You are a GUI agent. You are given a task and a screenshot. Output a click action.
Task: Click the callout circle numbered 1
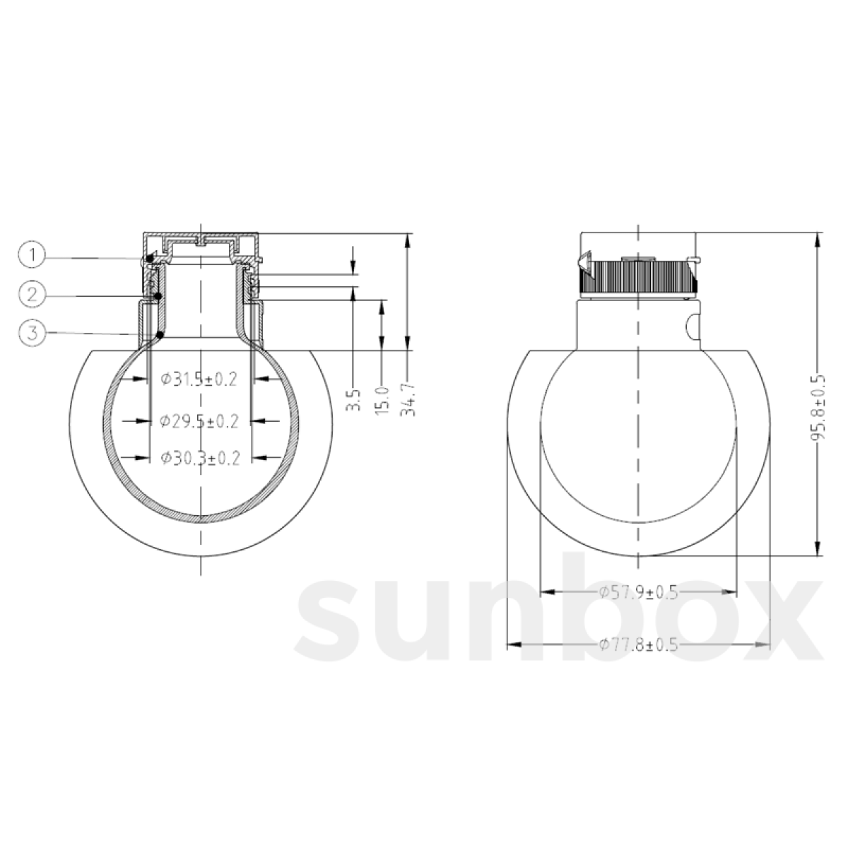[x=32, y=256]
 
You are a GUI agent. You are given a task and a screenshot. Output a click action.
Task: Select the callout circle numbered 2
[x=32, y=294]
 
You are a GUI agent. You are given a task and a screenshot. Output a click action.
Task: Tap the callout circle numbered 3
[x=32, y=333]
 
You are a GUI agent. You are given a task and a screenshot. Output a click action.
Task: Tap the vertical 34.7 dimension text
[x=409, y=399]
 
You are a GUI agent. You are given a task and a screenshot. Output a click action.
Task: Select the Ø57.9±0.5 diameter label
[x=638, y=592]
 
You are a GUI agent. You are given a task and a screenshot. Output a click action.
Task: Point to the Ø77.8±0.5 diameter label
[x=638, y=644]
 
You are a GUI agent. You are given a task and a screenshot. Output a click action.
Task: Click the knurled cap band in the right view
[x=640, y=276]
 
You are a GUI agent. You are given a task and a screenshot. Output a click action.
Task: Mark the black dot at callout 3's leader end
[x=161, y=334]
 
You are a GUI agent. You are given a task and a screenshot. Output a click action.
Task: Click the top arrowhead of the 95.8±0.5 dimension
[x=818, y=240]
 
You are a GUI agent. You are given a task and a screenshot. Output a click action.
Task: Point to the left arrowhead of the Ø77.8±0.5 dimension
[x=514, y=644]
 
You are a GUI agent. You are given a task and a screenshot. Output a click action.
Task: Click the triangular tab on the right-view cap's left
[x=584, y=261]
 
